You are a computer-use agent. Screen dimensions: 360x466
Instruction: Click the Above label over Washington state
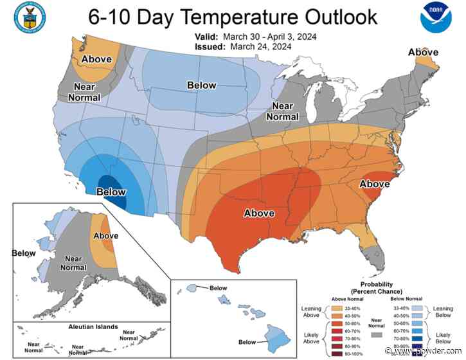click(95, 60)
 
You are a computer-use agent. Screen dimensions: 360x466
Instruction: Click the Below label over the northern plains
click(201, 85)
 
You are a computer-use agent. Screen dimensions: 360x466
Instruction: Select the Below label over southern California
click(111, 191)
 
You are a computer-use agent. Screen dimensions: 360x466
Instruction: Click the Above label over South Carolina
click(374, 184)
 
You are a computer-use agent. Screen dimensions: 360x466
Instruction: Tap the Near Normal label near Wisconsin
click(283, 111)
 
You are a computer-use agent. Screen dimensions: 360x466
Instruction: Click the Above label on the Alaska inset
click(106, 237)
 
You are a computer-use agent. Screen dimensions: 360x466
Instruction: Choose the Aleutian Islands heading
click(85, 327)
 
